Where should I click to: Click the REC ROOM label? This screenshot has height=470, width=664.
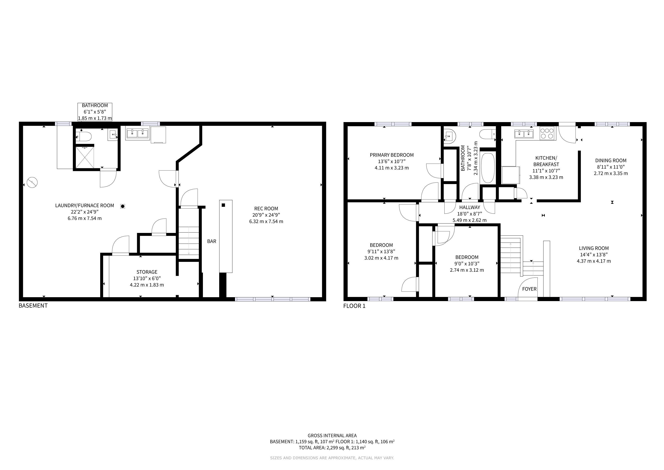coord(266,208)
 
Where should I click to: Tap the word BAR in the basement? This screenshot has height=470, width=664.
coord(212,241)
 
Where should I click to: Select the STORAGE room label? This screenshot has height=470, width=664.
coord(147,272)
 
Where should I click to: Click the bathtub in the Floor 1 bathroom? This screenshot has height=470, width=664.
coord(488,168)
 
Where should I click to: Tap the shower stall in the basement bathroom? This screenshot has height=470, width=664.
coord(85,157)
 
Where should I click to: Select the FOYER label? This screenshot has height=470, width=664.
coord(529,289)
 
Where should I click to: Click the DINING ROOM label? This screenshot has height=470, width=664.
coord(611,160)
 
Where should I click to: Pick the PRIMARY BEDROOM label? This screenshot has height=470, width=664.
coord(392,155)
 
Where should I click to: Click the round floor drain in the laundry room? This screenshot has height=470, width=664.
coord(123,206)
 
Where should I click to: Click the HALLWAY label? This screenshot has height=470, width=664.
coord(470,207)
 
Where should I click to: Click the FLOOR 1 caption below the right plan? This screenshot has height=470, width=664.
coord(354,306)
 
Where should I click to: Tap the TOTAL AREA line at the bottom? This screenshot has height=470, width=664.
coord(332,448)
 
